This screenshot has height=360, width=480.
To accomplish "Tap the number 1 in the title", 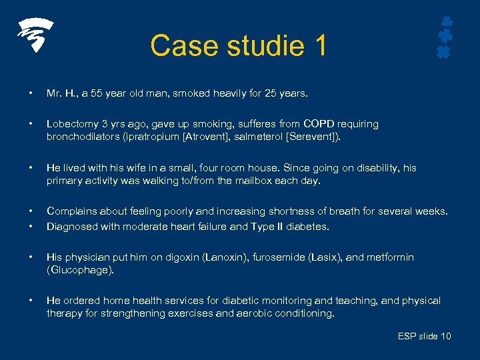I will tap(319, 45).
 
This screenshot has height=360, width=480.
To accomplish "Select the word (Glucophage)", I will tap(80, 270).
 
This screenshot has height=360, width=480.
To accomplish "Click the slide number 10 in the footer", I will tap(444, 336).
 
